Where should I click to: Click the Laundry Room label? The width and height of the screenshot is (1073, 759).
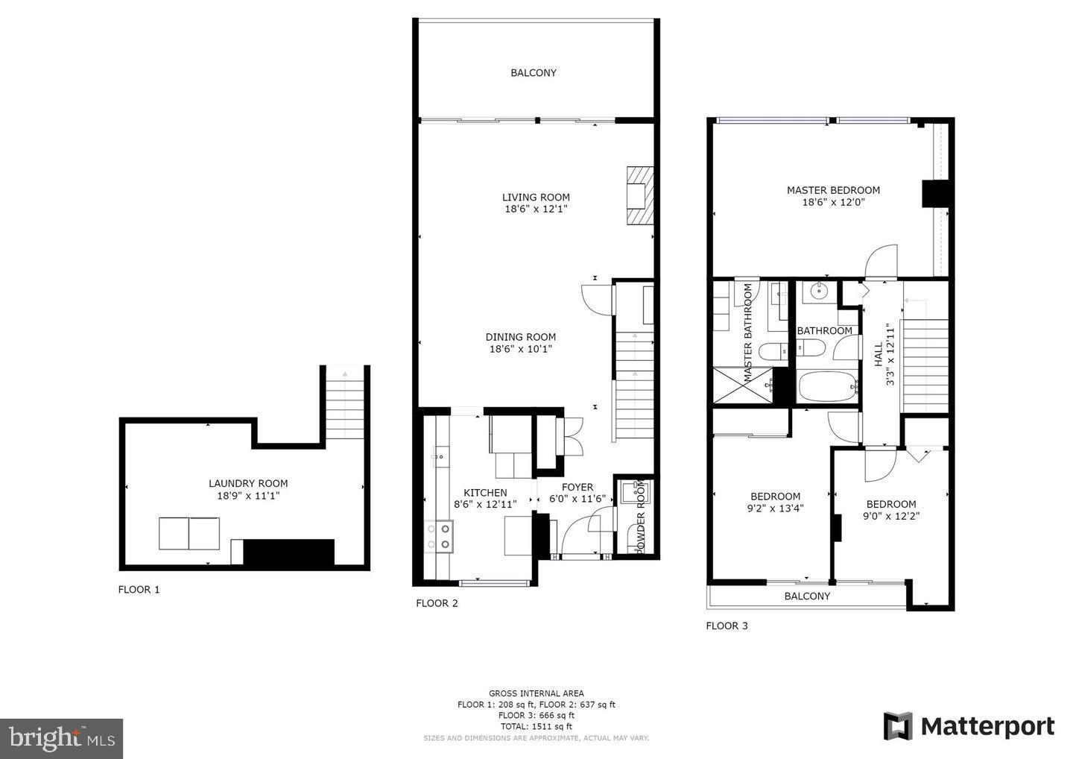[x=248, y=483]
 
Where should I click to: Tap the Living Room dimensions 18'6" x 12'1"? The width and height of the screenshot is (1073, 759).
[x=536, y=210]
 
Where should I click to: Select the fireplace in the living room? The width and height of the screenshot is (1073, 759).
[x=639, y=195]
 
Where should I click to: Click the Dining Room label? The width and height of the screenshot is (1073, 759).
[x=521, y=337]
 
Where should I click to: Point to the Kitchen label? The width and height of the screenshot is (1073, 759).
[x=485, y=493]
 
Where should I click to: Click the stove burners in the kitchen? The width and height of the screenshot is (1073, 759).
[x=439, y=537]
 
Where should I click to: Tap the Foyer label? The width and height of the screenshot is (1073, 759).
[x=577, y=488]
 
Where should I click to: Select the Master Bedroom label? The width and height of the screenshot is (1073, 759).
[x=833, y=190]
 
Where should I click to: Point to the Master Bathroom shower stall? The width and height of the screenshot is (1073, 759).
[x=742, y=385]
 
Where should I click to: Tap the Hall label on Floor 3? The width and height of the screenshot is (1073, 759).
[x=879, y=353]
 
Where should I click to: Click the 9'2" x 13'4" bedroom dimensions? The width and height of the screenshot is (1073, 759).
[x=775, y=508]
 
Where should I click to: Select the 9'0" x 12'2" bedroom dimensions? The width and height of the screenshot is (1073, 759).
[x=891, y=515]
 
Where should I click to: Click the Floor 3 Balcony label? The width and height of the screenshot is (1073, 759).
[x=807, y=596]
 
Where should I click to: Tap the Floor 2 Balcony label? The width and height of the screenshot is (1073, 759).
[x=534, y=72]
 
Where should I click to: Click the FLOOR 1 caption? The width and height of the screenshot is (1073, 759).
[x=139, y=589]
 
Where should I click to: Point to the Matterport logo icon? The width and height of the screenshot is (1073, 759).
[x=898, y=726]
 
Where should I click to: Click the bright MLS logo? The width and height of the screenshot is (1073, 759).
[x=61, y=738]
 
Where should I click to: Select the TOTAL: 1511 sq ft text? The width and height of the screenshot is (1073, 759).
[x=536, y=726]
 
